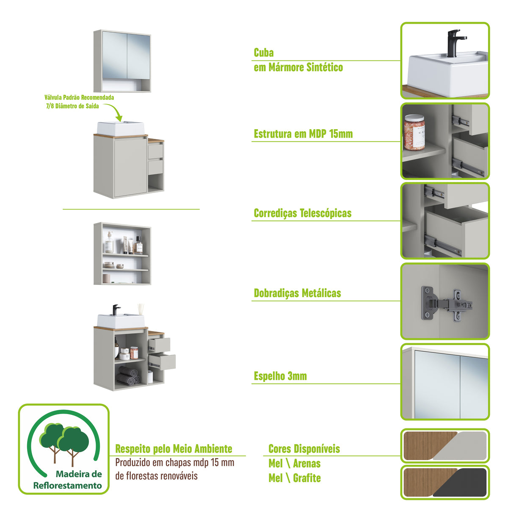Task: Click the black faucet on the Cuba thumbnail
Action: pos(453,42)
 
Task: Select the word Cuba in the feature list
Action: pos(264,53)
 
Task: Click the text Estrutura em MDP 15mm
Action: pos(303,134)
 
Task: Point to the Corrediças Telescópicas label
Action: pos(302,213)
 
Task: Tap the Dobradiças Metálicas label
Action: pos(297,293)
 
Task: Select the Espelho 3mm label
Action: pos(280,376)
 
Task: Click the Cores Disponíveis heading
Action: pos(304,449)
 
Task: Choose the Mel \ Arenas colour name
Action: pos(294,464)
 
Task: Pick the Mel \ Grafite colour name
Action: pos(294,478)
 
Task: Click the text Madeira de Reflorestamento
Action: pos(68,480)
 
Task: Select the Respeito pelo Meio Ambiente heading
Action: pos(174,449)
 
